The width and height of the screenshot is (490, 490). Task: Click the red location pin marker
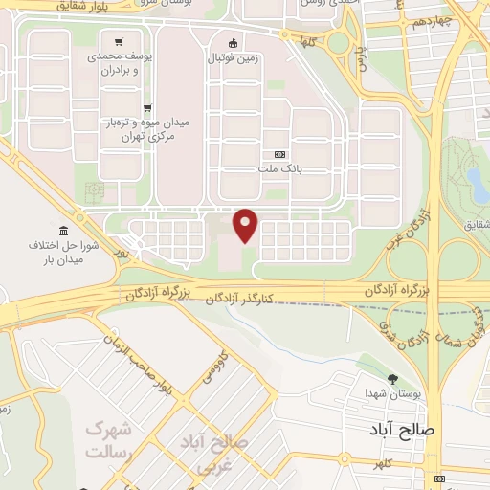pyautogui.click(x=246, y=225)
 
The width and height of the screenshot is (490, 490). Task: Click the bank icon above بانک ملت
pyautogui.click(x=279, y=154)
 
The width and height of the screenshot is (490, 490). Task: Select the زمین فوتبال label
pyautogui.click(x=234, y=57)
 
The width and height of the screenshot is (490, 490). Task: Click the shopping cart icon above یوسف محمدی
pyautogui.click(x=118, y=42)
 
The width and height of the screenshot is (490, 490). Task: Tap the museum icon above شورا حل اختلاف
pyautogui.click(x=63, y=232)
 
